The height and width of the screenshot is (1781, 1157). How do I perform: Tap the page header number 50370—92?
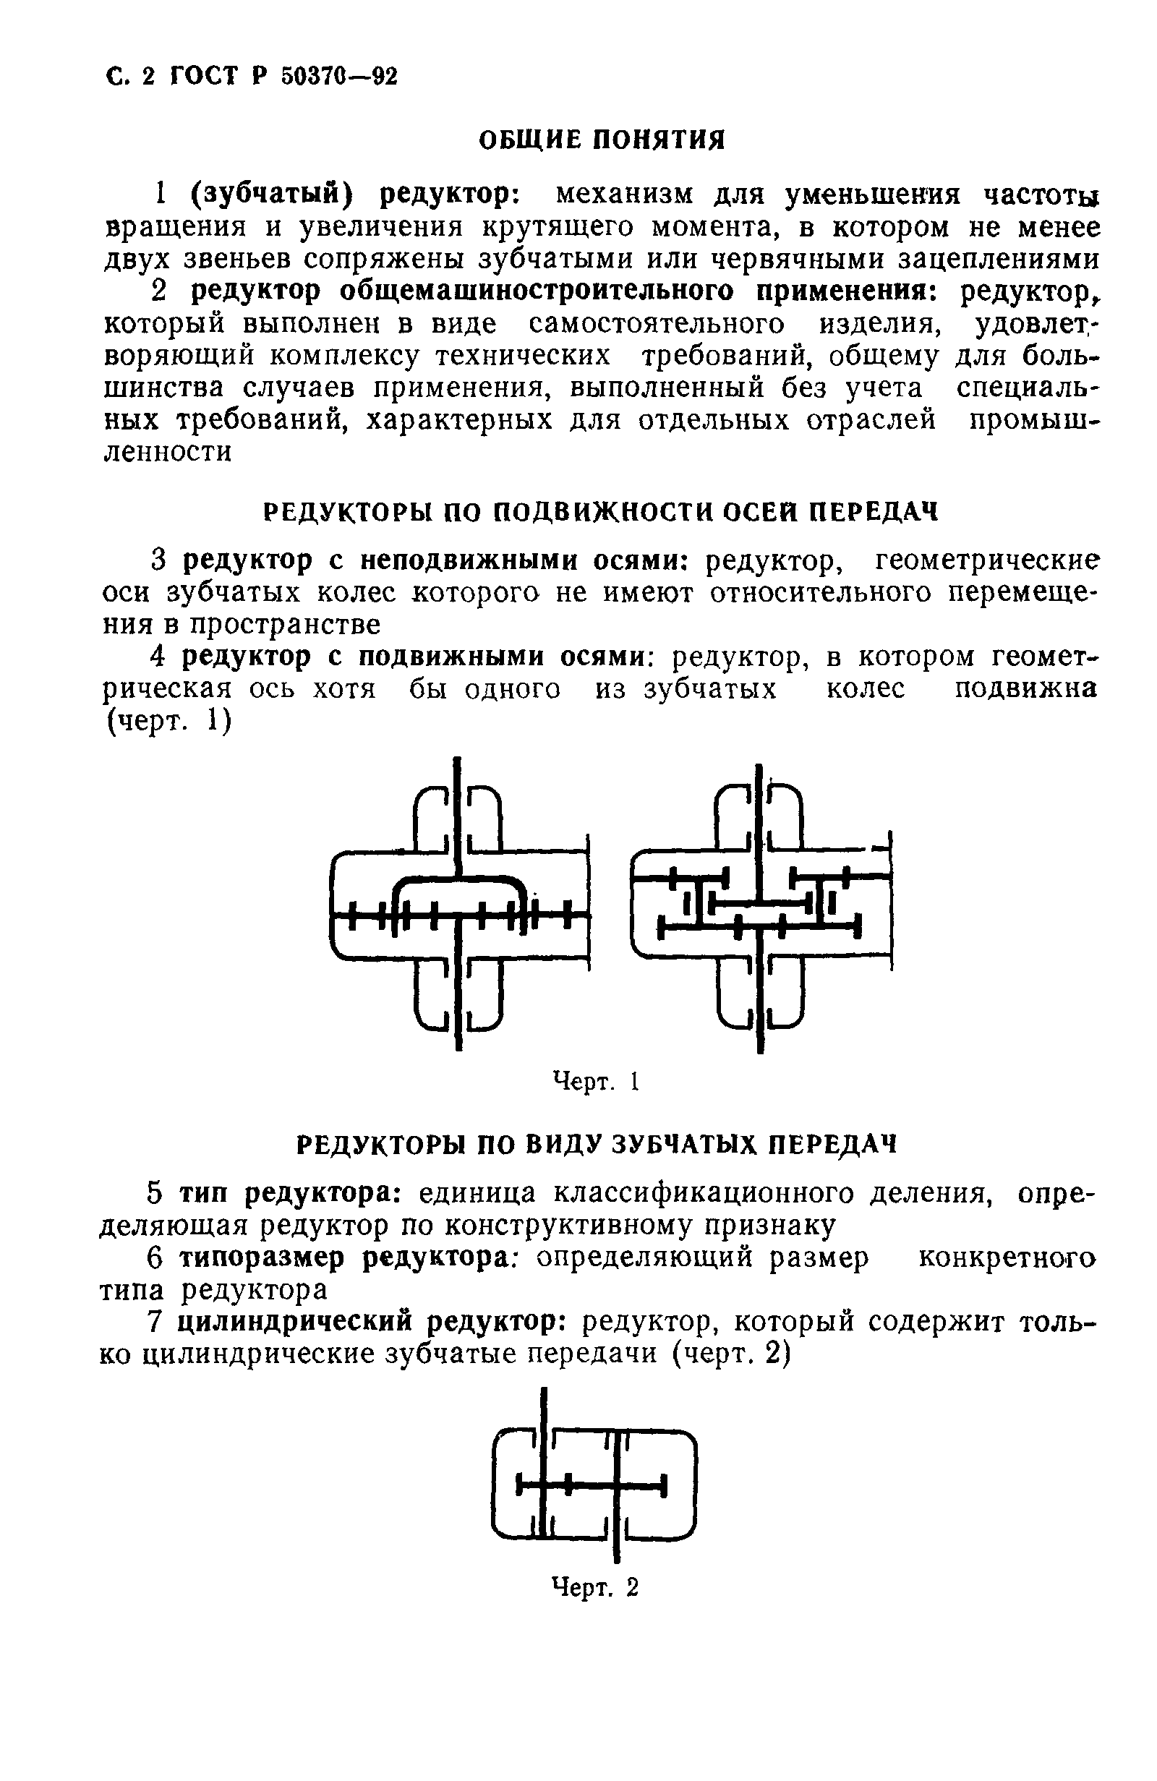pyautogui.click(x=339, y=77)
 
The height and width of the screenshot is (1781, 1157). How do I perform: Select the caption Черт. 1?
pyautogui.click(x=596, y=1081)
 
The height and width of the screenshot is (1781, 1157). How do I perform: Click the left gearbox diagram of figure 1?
pyautogui.click(x=458, y=905)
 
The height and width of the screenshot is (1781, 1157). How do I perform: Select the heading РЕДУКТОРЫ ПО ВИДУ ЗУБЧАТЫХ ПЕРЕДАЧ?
pyautogui.click(x=597, y=1144)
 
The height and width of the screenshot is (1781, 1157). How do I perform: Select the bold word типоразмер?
pyautogui.click(x=264, y=1258)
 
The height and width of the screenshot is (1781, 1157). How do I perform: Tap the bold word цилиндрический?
pyautogui.click(x=296, y=1323)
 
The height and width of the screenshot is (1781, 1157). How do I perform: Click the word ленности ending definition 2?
pyautogui.click(x=167, y=452)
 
